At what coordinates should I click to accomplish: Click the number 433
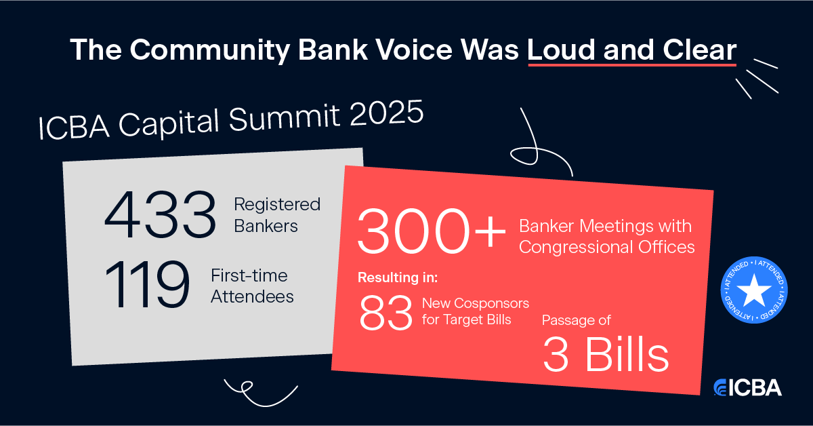coord(160,214)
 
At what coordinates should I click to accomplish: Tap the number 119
coord(147,284)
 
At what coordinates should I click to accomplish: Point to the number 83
coord(385,313)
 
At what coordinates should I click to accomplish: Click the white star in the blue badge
coord(754,290)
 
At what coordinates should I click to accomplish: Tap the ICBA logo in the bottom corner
coord(747,387)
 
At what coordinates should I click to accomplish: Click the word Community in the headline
coord(210,50)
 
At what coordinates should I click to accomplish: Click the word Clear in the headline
coord(699,50)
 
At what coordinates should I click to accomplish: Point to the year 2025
coord(387,113)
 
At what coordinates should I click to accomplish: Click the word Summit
coord(284,118)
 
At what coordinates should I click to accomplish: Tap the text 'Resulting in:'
coord(398,277)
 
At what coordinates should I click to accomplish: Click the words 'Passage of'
coord(577,320)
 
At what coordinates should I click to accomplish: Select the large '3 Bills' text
coord(606,355)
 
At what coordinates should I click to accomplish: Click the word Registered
coord(277,205)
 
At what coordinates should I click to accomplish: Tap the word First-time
coord(249,275)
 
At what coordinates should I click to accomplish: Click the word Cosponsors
coord(491,303)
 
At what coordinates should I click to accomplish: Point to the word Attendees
coord(252,296)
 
